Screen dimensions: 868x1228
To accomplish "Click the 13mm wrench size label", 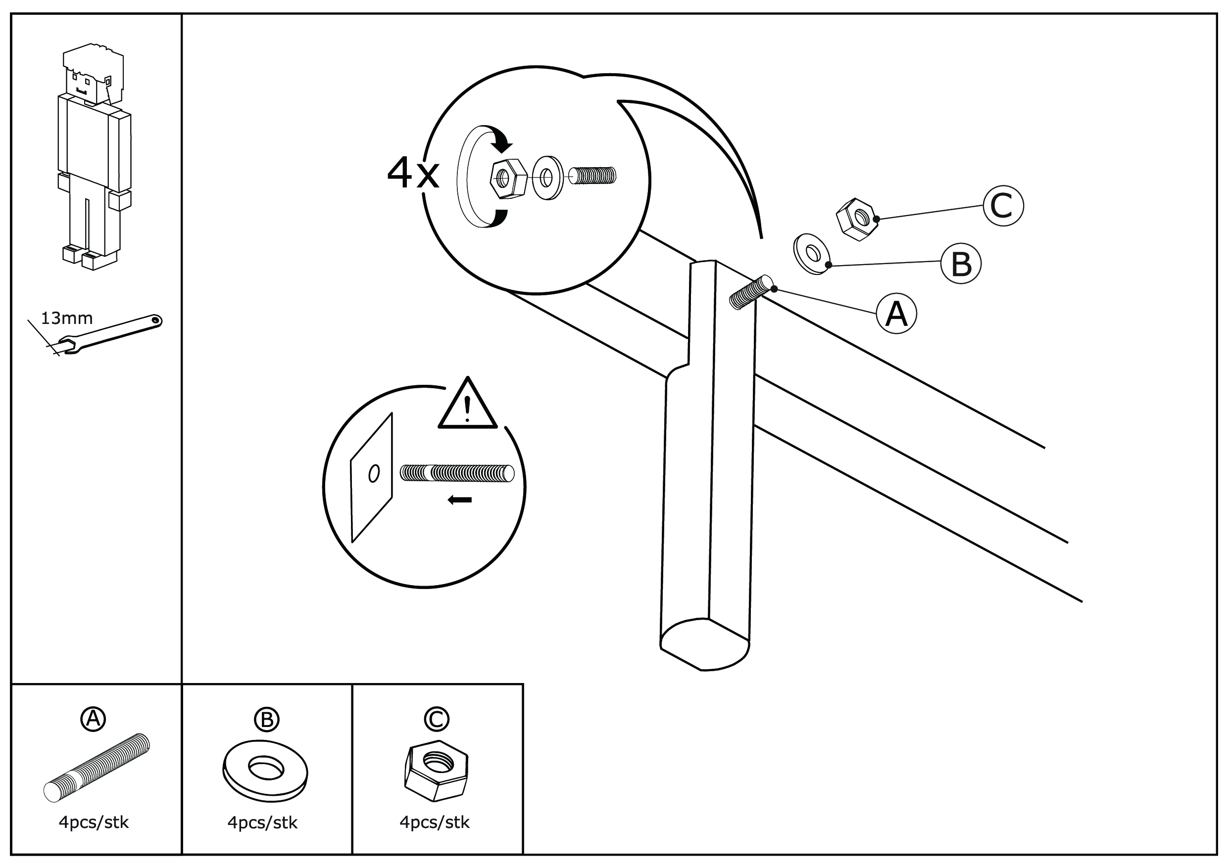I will coord(67,319).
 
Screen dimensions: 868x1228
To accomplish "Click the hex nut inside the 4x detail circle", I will coord(508,179).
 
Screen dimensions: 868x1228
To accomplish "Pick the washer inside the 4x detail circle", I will coord(548,178).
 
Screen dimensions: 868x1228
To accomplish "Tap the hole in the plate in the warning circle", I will coord(374,473).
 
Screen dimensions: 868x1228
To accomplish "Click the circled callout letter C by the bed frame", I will coord(1003,206).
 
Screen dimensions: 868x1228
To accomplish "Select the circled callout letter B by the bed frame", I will coord(961,263).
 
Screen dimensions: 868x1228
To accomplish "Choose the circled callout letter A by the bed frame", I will coord(896,314).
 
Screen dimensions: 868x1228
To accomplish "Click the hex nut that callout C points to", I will coord(857,219).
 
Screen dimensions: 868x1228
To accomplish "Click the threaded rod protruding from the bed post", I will coord(751,293).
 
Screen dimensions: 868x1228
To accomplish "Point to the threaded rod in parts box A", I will coord(97,768).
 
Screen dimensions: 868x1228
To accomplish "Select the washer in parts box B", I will coord(265,771).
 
